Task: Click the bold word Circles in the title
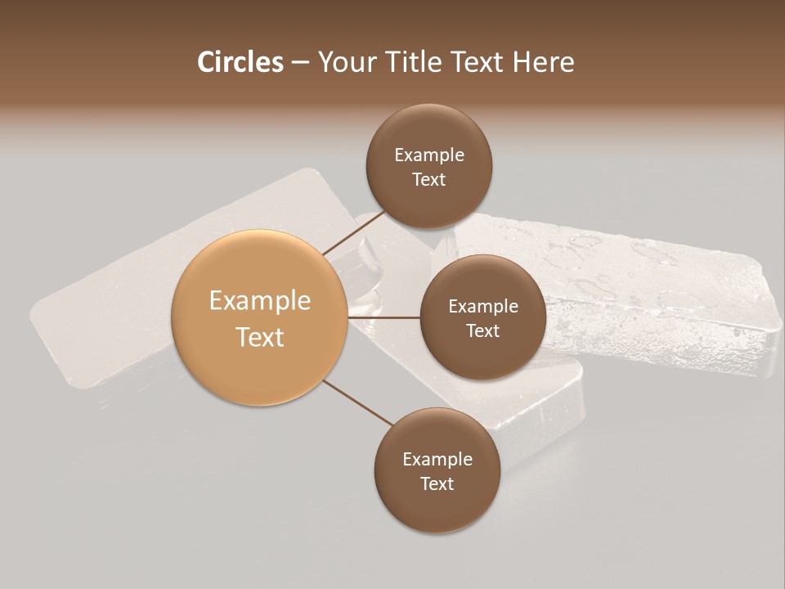(x=240, y=62)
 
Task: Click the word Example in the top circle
(x=429, y=155)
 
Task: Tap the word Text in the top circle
(x=429, y=179)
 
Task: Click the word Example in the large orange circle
(x=260, y=301)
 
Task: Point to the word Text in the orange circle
(x=260, y=337)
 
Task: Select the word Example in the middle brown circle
(x=483, y=306)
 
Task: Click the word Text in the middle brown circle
(x=483, y=330)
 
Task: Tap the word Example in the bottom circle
(x=437, y=459)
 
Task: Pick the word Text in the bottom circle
(x=437, y=483)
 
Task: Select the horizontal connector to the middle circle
(x=384, y=317)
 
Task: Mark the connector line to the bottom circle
(x=357, y=402)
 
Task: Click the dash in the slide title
(x=300, y=63)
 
